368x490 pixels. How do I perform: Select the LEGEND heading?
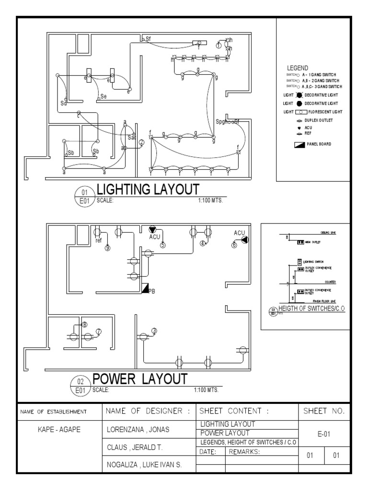(297, 68)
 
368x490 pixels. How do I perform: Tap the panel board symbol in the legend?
(300, 144)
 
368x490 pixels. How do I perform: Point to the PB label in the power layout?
(152, 290)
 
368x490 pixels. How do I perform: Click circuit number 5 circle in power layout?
(163, 245)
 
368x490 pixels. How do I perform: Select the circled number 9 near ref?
(108, 248)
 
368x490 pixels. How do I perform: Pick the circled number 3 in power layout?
(154, 331)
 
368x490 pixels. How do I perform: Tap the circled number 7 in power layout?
(99, 331)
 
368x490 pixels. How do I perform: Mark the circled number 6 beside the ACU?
(234, 245)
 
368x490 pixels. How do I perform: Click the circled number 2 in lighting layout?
(141, 142)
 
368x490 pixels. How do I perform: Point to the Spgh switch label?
(223, 122)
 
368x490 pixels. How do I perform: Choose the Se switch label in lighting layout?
(103, 97)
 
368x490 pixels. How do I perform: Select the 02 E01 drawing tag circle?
(80, 384)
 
